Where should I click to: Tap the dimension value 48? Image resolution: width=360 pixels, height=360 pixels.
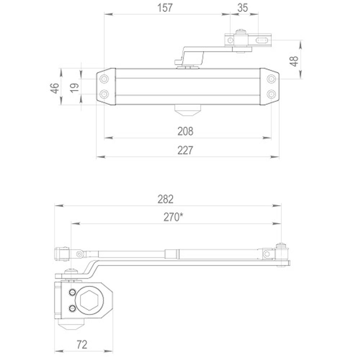pos(294,60)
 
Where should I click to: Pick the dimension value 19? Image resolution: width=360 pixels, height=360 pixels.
pos(74,87)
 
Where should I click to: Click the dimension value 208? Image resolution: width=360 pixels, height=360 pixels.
pos(185,131)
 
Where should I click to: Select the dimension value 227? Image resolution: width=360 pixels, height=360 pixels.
pos(185,150)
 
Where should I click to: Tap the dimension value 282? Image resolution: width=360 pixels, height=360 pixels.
pos(166,199)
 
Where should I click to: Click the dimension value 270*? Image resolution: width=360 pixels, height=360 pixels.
pos(172,217)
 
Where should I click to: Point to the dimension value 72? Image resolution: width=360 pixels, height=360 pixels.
pos(82,345)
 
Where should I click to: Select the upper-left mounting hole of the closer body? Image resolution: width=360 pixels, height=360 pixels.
pos(104,79)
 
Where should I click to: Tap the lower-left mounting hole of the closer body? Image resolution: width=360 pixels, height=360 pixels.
pos(104,94)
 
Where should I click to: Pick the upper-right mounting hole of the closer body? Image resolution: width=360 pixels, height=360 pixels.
pos(271,79)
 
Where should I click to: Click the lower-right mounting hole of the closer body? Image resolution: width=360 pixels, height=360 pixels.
pos(271,94)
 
